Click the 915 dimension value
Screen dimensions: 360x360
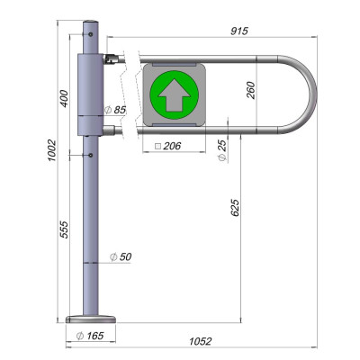click(239, 31)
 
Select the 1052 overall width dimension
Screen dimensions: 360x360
click(201, 341)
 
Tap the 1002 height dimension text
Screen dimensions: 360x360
click(51, 150)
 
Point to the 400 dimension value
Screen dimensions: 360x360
click(64, 98)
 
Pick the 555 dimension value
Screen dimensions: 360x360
click(64, 229)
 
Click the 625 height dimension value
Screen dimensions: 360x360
click(235, 207)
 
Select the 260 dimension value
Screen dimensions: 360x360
click(251, 90)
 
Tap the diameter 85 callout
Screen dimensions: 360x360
click(115, 110)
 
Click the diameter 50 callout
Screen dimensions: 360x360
click(121, 256)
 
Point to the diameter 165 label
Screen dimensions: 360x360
click(90, 336)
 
